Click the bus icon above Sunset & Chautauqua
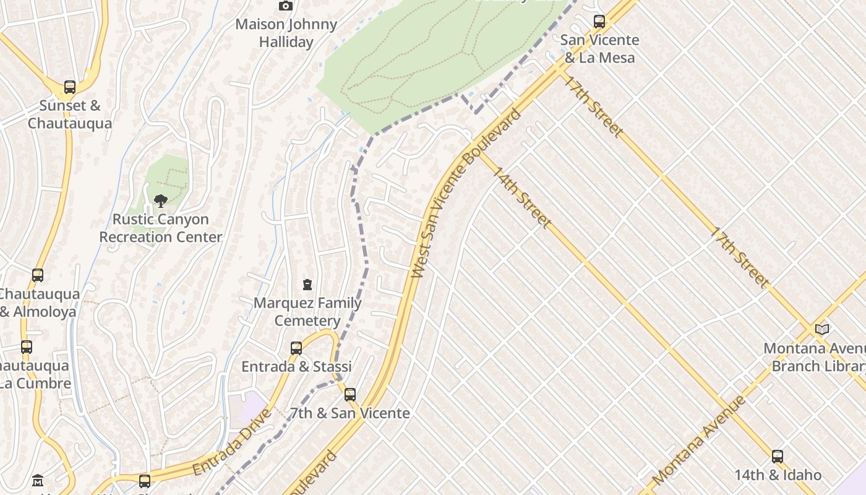point(70,87)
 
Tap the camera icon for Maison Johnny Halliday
point(285,6)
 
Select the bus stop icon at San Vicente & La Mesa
point(599,22)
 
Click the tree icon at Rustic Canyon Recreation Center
point(160,200)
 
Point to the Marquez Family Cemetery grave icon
point(307,285)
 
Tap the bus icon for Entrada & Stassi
point(296,348)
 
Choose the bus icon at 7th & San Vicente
point(350,394)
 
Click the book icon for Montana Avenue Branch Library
point(821,329)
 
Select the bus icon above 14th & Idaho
point(778,457)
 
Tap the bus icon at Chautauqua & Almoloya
point(38,275)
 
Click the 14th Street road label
point(521,197)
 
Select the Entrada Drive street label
point(232,442)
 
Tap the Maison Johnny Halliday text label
point(286,33)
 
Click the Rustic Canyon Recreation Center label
point(161,228)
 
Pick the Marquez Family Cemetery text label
point(307,312)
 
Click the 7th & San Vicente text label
point(350,413)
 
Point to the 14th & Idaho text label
point(778,475)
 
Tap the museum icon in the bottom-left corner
point(38,480)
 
